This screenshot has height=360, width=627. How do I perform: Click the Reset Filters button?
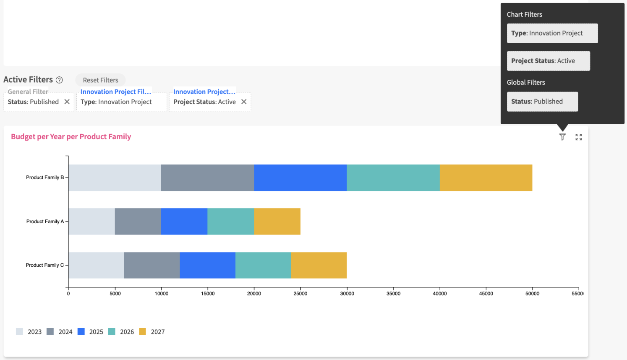pos(100,80)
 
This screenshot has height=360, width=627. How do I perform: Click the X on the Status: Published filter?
pos(67,102)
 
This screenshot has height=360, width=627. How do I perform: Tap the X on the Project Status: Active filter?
pos(244,102)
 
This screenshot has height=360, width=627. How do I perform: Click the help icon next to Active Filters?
pos(60,80)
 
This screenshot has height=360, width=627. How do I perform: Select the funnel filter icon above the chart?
pos(562,137)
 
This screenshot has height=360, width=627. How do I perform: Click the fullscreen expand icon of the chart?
pos(579,137)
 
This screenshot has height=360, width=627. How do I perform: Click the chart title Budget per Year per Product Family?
pos(71,137)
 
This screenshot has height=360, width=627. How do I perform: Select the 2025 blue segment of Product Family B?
pos(300,177)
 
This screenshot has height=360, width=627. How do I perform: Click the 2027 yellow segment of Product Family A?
pos(277,222)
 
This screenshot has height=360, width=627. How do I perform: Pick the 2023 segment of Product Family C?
pos(96,265)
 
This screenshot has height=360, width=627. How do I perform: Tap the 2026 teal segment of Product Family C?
pos(263,265)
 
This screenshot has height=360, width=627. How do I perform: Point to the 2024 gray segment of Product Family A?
pos(138,222)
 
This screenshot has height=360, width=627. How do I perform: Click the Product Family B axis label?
pos(45,177)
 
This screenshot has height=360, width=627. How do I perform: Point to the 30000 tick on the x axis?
pos(347,294)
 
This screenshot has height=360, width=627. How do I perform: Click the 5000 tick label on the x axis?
pos(115,294)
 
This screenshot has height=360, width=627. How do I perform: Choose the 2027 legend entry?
pos(152,332)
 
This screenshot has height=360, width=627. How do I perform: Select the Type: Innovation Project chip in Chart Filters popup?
pos(552,33)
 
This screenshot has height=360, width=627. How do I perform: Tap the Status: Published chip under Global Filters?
pos(542,102)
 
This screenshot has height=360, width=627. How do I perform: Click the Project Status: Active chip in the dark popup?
pos(548,61)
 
